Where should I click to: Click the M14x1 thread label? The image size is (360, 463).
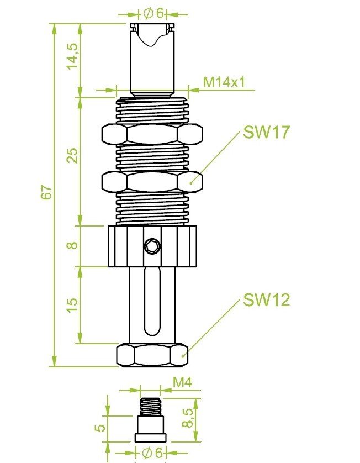[224, 82]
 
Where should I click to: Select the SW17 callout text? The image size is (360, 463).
[266, 133]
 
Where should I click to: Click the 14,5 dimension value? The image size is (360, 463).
[72, 55]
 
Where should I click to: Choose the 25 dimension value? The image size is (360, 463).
[72, 156]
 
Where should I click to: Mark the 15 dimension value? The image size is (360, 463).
[72, 303]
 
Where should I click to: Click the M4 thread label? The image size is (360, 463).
[182, 382]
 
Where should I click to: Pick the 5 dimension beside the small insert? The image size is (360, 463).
[100, 428]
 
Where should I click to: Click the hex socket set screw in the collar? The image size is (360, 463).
[151, 247]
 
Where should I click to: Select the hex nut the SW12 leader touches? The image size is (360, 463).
[152, 355]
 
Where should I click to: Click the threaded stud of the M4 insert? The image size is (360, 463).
[150, 407]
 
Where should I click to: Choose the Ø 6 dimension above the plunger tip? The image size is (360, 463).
[153, 13]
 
